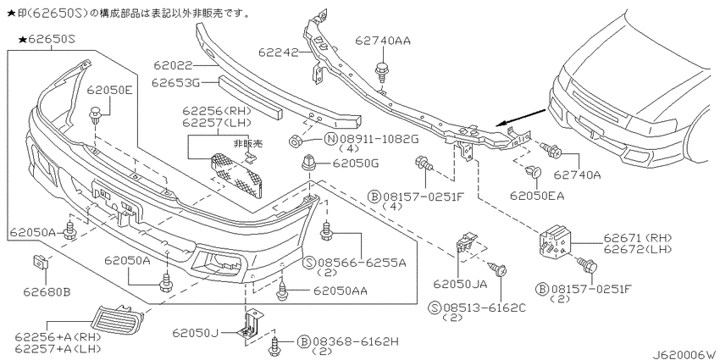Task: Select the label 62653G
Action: [x=175, y=83]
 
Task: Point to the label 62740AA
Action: [x=383, y=41]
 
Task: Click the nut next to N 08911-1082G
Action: [x=296, y=140]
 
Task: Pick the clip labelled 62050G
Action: [x=307, y=164]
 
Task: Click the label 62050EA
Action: [x=537, y=196]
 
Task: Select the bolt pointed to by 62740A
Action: [x=550, y=149]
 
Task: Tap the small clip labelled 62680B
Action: [x=41, y=263]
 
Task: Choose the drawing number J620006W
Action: [x=684, y=354]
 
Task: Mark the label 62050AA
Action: [x=341, y=291]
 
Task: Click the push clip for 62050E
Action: [x=95, y=115]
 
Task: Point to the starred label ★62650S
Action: [x=47, y=40]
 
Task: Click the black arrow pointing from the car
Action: [x=521, y=117]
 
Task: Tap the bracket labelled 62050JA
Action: [x=466, y=241]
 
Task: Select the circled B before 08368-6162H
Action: [x=303, y=341]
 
